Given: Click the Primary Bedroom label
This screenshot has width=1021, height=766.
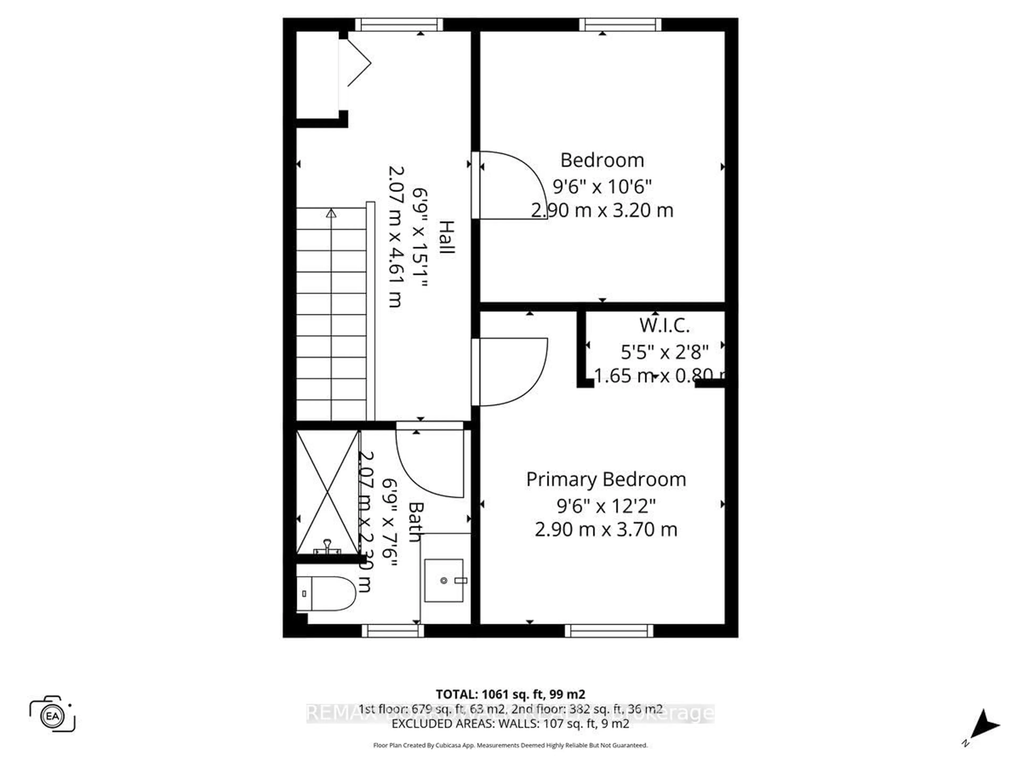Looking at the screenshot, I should (x=606, y=479).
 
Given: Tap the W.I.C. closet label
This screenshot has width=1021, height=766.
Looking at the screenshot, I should (x=664, y=326).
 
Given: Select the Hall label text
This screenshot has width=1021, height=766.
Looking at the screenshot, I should (x=446, y=237).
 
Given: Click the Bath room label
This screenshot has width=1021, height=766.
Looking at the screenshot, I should (x=415, y=522).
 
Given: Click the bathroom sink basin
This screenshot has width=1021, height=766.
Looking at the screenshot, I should (x=443, y=580).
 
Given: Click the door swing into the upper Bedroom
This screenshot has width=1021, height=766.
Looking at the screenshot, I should (x=512, y=185).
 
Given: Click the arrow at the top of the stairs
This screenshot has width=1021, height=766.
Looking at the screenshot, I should (x=331, y=213).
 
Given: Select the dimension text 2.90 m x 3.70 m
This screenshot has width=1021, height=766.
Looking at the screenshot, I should (x=606, y=529).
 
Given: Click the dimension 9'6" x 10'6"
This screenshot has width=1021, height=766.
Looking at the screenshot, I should (x=602, y=187).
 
